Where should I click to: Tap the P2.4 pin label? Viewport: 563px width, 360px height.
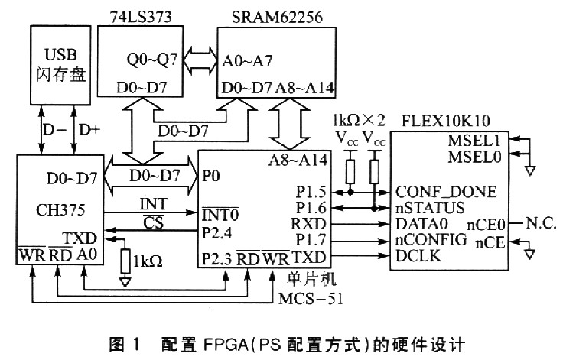(218, 229)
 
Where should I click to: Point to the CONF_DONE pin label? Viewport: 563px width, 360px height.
(444, 191)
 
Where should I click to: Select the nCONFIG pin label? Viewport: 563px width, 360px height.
(431, 240)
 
